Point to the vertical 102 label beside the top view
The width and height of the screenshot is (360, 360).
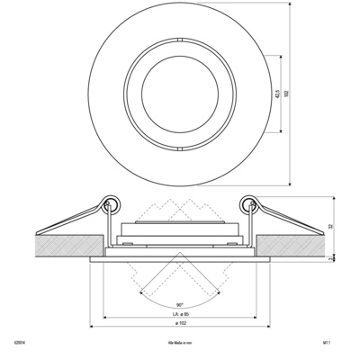(x=285, y=91)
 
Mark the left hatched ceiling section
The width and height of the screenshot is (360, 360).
(x=63, y=241)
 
